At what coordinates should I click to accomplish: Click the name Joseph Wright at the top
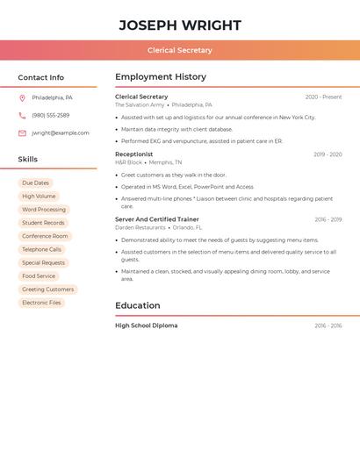[x=180, y=25]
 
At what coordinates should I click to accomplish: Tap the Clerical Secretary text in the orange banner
[x=180, y=50]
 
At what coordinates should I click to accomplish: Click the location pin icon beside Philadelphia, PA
[x=22, y=97]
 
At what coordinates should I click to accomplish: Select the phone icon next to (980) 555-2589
[x=22, y=115]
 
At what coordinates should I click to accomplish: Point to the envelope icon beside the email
[x=22, y=132]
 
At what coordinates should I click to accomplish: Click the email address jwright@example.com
[x=61, y=132]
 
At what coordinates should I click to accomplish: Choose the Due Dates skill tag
[x=36, y=183]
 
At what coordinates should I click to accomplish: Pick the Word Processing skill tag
[x=44, y=210]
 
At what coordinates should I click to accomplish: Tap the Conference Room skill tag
[x=45, y=236]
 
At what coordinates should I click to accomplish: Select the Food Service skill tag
[x=39, y=275]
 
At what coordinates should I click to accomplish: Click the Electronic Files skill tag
[x=42, y=303]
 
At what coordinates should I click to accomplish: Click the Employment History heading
[x=161, y=77]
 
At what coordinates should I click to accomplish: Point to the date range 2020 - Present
[x=323, y=97]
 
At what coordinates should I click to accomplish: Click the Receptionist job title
[x=133, y=154]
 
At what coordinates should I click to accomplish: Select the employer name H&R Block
[x=128, y=162]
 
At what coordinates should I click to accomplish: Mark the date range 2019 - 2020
[x=328, y=154]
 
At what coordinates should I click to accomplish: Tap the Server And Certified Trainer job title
[x=157, y=219]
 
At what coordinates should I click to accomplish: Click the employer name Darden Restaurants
[x=140, y=227]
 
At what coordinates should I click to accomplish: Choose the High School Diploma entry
[x=146, y=325]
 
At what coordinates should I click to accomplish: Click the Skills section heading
[x=28, y=160]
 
